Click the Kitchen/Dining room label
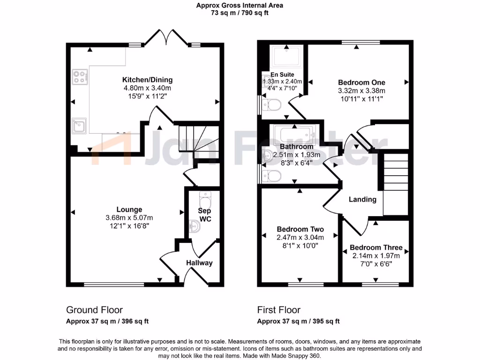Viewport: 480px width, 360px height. click(147, 80)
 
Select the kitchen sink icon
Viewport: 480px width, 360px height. click(79, 125)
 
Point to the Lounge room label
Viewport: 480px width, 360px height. click(129, 210)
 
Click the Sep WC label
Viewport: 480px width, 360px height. click(205, 215)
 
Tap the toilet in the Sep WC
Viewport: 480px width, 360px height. click(205, 197)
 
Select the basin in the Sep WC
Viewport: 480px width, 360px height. click(195, 227)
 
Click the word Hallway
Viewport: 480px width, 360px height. click(199, 263)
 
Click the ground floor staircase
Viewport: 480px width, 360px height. click(196, 140)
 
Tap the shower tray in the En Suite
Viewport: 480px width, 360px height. click(285, 57)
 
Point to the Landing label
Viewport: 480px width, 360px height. click(362, 199)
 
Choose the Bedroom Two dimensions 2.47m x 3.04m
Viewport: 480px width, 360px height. click(300, 238)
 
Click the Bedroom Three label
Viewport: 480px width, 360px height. click(376, 247)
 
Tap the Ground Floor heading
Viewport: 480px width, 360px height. click(94, 310)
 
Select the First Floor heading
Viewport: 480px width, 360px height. click(278, 310)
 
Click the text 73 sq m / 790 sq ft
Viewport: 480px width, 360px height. click(240, 13)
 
